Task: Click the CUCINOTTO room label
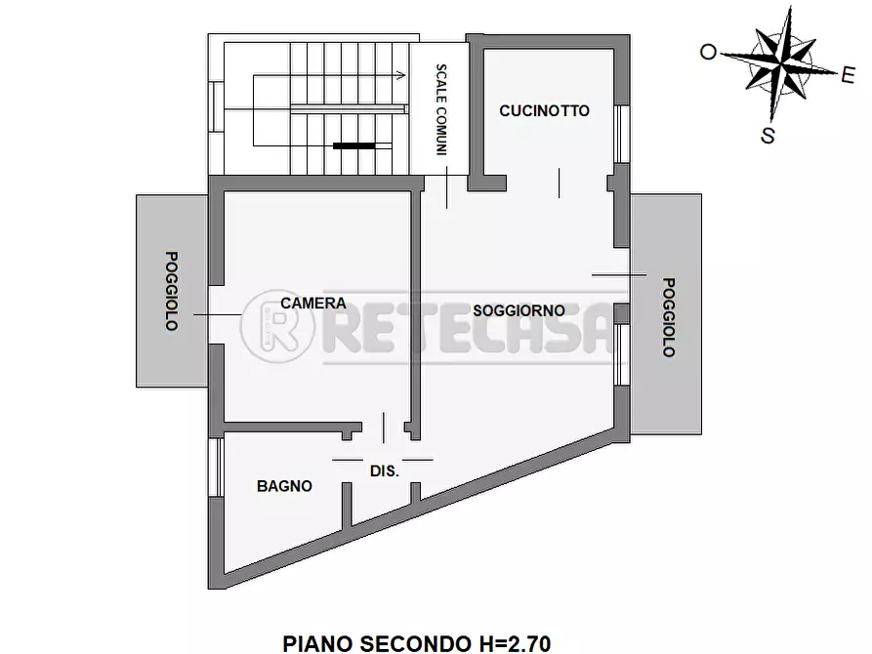(x=544, y=111)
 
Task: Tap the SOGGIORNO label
(x=519, y=310)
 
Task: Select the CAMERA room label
(x=312, y=303)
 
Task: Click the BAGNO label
(x=284, y=485)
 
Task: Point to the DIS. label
(x=384, y=470)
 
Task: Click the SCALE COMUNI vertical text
(x=441, y=110)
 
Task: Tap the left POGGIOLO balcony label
(x=172, y=291)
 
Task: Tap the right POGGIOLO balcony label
(x=668, y=317)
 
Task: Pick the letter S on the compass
(x=768, y=136)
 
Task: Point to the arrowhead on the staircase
(x=401, y=73)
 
